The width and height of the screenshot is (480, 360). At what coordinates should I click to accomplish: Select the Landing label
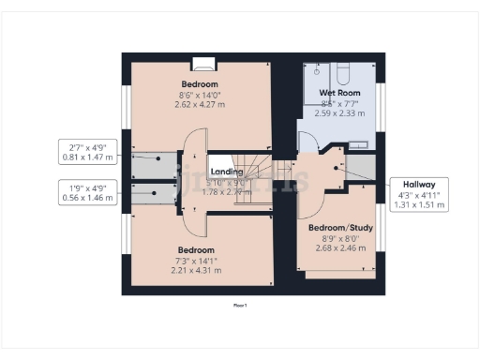226,172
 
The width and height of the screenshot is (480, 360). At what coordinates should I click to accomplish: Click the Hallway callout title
418,184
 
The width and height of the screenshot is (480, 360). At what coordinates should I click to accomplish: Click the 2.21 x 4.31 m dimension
197,271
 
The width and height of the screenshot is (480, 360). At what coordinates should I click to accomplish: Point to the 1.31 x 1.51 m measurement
418,205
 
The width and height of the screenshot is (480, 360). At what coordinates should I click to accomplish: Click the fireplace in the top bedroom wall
203,65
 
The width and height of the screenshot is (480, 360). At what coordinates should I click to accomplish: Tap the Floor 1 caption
240,305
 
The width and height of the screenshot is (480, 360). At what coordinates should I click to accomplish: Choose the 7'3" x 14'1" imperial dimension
197,261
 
